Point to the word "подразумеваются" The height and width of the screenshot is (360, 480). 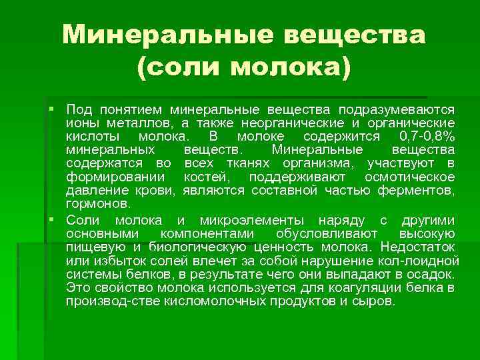pyautogui.click(x=397, y=109)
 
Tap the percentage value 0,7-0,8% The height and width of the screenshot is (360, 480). pyautogui.click(x=423, y=137)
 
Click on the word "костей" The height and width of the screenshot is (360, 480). pyautogui.click(x=205, y=177)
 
